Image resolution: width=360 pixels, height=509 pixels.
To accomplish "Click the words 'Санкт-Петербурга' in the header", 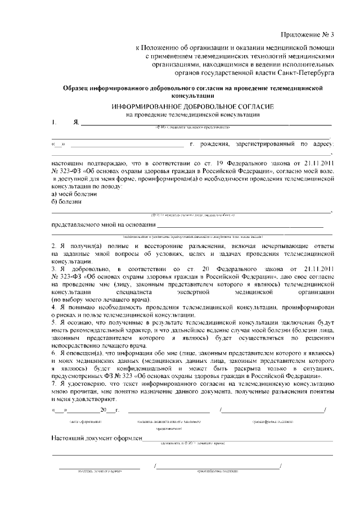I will click(304, 73).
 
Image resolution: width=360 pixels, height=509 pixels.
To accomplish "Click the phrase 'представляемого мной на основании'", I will click(99, 226).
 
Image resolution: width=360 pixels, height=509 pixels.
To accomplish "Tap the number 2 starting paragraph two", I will click(54, 246).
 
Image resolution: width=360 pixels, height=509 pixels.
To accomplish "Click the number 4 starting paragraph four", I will click(54, 309).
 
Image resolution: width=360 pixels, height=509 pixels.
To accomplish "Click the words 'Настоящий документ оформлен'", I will click(96, 438).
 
